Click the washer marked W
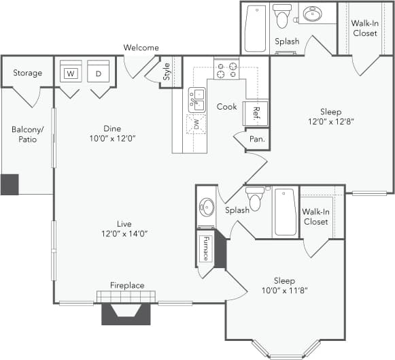(70, 73)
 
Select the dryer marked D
(99, 73)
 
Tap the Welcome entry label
(141, 48)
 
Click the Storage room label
(27, 73)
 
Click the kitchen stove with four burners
(226, 69)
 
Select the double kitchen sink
(196, 100)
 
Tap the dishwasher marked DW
(196, 124)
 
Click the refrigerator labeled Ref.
(257, 113)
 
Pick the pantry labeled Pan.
(257, 140)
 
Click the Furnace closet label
(205, 249)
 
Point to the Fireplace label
(127, 285)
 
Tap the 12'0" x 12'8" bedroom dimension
(331, 122)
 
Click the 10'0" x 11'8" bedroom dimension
(284, 291)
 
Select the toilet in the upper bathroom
(282, 15)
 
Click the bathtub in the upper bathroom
(255, 28)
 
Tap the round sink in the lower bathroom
(206, 207)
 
